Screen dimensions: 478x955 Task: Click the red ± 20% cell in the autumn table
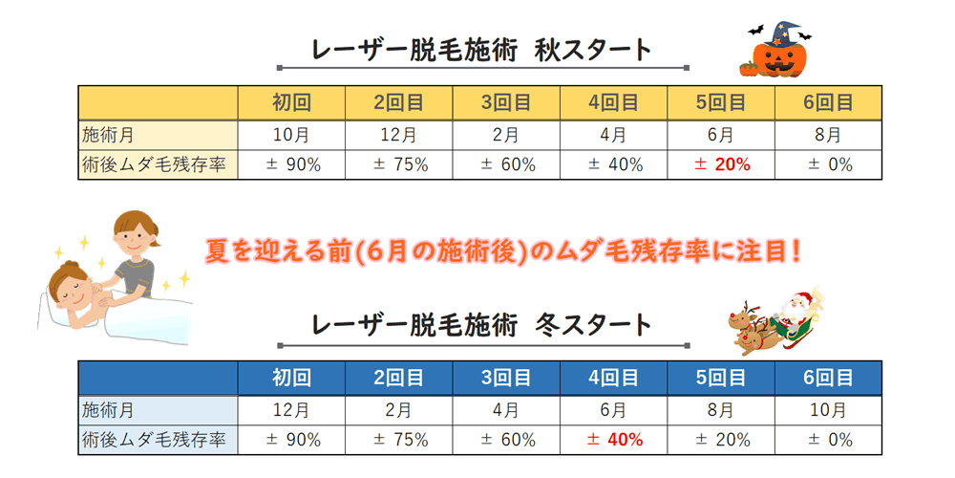[722, 164]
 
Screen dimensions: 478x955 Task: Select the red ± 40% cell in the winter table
[614, 440]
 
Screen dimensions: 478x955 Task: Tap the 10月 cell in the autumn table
[292, 135]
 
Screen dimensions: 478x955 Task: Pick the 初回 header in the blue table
[292, 378]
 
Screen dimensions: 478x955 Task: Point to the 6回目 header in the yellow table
[828, 102]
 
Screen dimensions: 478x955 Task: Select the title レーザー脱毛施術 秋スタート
[482, 49]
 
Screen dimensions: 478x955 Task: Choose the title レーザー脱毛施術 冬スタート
[482, 324]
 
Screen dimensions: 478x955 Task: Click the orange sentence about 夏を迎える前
[502, 251]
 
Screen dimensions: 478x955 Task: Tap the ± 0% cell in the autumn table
[828, 164]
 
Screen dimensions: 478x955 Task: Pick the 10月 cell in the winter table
[828, 410]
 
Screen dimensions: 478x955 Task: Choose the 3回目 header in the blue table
[506, 378]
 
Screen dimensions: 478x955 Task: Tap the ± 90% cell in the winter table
[292, 440]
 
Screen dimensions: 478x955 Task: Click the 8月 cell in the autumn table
[828, 135]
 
